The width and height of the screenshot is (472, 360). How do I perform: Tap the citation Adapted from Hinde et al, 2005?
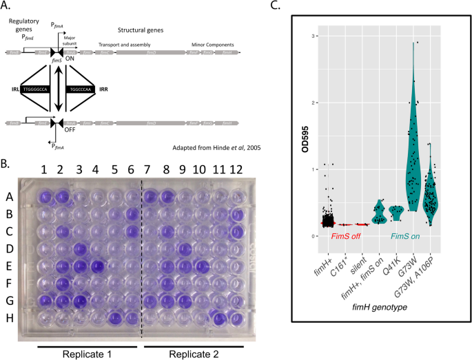pyautogui.click(x=203, y=149)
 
